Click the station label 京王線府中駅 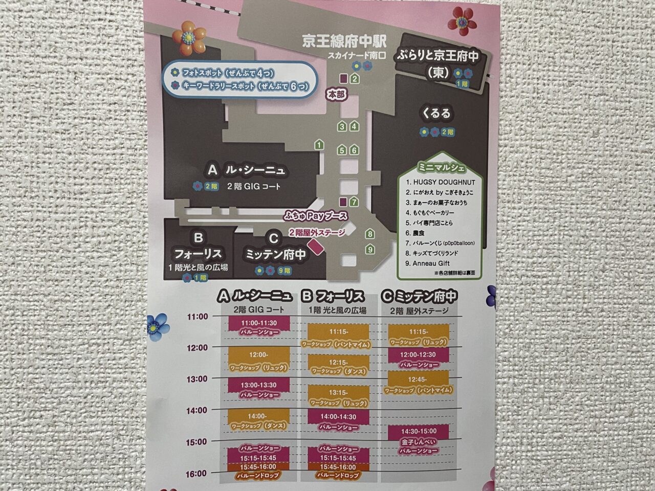[x=344, y=41]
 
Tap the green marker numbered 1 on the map [x=319, y=145]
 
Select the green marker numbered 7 [x=354, y=202]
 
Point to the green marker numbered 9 [x=370, y=250]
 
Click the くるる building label [x=436, y=113]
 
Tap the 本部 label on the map [x=337, y=95]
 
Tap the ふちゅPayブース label [x=316, y=216]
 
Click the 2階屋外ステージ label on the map [x=317, y=233]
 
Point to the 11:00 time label [x=198, y=317]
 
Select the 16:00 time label [x=197, y=474]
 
